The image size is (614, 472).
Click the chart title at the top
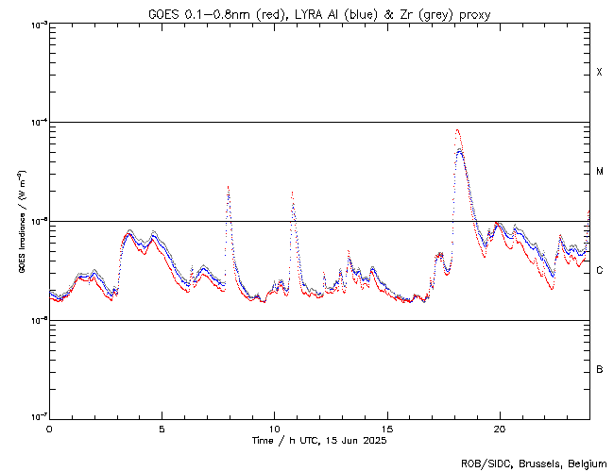319,14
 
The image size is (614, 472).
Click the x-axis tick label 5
162,429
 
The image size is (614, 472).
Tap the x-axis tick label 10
274,429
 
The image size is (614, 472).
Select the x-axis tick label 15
386,429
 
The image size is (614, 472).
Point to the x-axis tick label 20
499,429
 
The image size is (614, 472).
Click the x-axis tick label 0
49,429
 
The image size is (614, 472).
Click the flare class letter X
600,73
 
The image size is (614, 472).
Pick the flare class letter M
600,172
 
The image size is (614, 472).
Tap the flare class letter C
600,271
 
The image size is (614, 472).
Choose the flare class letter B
600,369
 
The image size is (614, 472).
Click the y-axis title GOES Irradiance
22,222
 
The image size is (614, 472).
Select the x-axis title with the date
319,441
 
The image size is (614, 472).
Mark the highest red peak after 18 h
457,130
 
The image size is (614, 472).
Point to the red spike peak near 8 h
228,187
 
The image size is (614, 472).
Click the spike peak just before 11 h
292,193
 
